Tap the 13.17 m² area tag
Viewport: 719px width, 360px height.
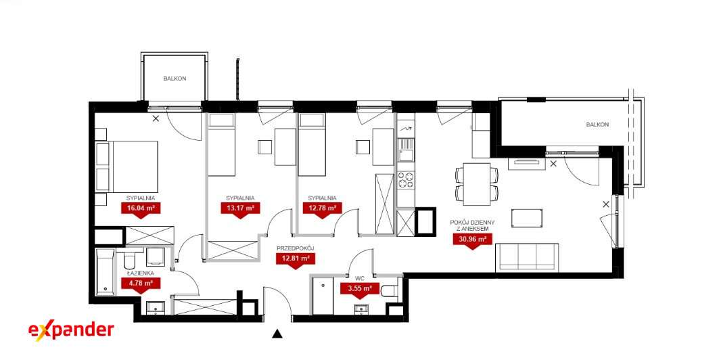pyautogui.click(x=240, y=208)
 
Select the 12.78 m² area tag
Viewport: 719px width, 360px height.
pyautogui.click(x=322, y=208)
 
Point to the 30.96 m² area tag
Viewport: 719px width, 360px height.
pyautogui.click(x=472, y=239)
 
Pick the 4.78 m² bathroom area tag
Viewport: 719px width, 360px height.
pyautogui.click(x=140, y=284)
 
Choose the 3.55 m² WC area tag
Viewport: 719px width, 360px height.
pyautogui.click(x=360, y=290)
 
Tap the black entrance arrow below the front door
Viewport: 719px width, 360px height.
pyautogui.click(x=277, y=334)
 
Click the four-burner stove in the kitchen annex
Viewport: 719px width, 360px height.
pyautogui.click(x=405, y=180)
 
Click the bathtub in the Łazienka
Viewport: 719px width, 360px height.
pyautogui.click(x=105, y=272)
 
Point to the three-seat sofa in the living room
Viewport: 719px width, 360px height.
pyautogui.click(x=527, y=257)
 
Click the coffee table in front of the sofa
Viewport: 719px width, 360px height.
pyautogui.click(x=527, y=219)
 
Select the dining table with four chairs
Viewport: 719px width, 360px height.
pyautogui.click(x=477, y=184)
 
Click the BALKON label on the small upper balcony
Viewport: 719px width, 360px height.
pyautogui.click(x=175, y=78)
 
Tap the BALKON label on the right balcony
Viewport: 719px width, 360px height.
pyautogui.click(x=597, y=125)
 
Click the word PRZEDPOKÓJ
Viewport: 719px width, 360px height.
pyautogui.click(x=295, y=248)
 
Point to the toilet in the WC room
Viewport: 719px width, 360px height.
pyautogui.click(x=390, y=291)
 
